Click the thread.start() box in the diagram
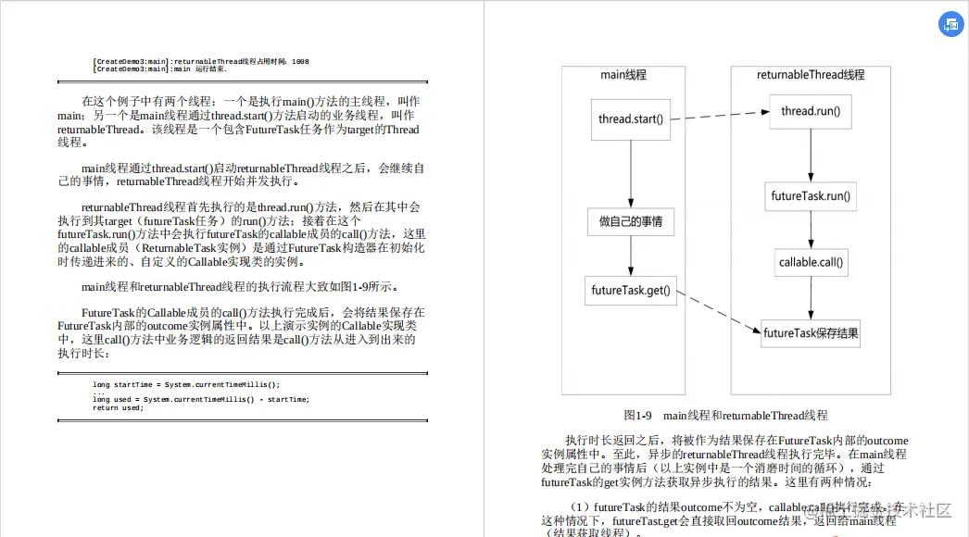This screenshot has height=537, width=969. (632, 119)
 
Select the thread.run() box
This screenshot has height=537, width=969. (811, 112)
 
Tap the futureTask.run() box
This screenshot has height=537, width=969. (811, 197)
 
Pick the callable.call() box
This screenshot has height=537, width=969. (812, 263)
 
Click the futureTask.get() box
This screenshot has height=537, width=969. (631, 291)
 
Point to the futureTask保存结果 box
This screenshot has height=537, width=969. (811, 333)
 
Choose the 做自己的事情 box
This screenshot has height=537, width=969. (631, 222)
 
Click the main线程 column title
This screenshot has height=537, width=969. (623, 75)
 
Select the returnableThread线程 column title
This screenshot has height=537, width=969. (811, 75)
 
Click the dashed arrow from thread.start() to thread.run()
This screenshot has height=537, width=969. (720, 116)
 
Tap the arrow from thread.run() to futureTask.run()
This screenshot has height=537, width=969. (811, 155)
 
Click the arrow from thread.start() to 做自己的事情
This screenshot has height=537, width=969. (631, 174)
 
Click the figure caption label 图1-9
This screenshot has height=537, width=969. (639, 416)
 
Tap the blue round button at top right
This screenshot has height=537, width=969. (950, 26)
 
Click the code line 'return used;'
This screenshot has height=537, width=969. (118, 408)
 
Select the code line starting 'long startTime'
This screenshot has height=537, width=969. (185, 384)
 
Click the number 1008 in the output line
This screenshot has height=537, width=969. (300, 61)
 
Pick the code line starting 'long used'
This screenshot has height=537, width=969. (200, 400)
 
